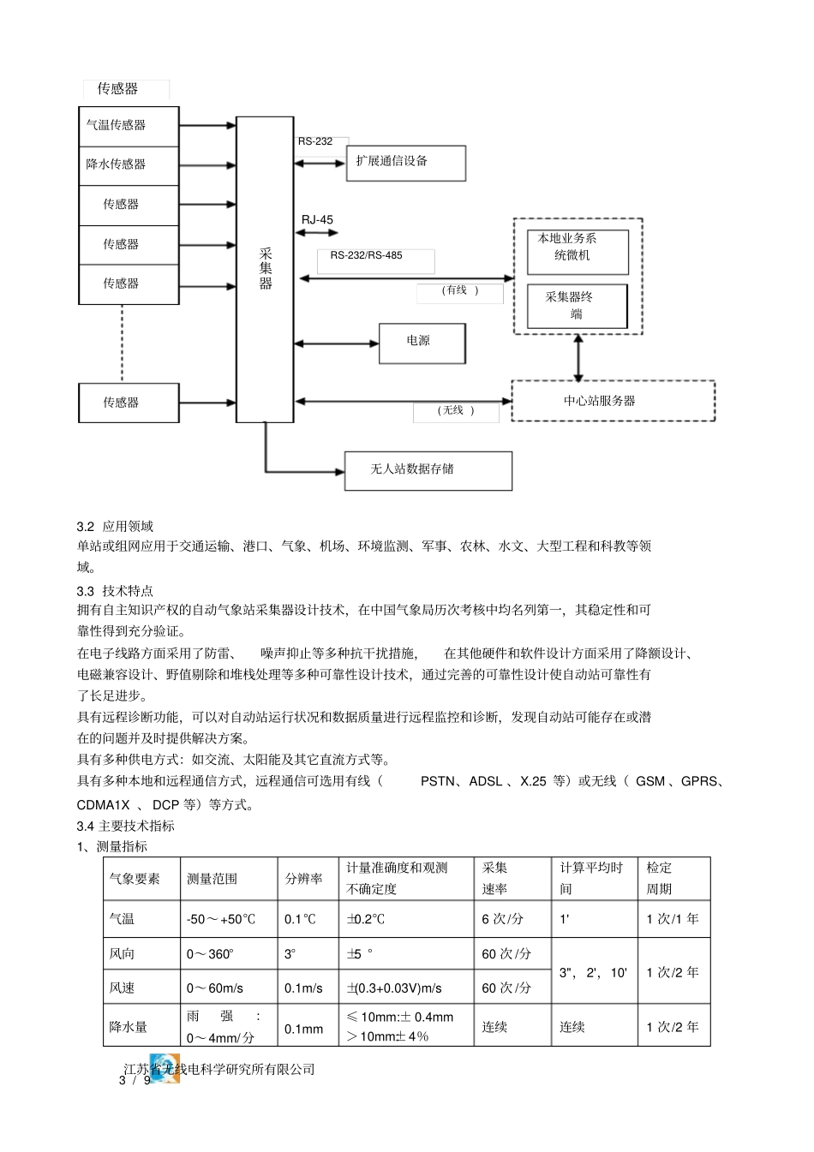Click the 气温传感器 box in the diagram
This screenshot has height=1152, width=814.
click(129, 126)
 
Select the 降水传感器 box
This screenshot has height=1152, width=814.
click(129, 165)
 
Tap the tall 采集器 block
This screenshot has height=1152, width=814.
click(265, 269)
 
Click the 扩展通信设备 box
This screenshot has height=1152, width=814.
click(405, 162)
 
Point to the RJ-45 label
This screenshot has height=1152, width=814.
click(317, 220)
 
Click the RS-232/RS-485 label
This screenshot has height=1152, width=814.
click(367, 255)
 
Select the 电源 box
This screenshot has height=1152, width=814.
click(422, 342)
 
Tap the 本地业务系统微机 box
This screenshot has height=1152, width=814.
click(578, 252)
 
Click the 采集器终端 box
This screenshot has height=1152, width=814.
click(577, 306)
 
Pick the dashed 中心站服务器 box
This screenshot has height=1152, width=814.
click(613, 401)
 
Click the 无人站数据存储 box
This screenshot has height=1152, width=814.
click(428, 470)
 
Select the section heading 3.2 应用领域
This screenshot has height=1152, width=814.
click(115, 526)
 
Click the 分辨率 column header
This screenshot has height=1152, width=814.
click(304, 879)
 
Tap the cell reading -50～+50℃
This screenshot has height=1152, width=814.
click(221, 919)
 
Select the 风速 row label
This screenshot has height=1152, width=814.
click(123, 988)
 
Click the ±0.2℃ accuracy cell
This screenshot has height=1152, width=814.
click(366, 919)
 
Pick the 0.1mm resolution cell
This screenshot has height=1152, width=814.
click(304, 1028)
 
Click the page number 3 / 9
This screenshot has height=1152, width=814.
click(135, 1081)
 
